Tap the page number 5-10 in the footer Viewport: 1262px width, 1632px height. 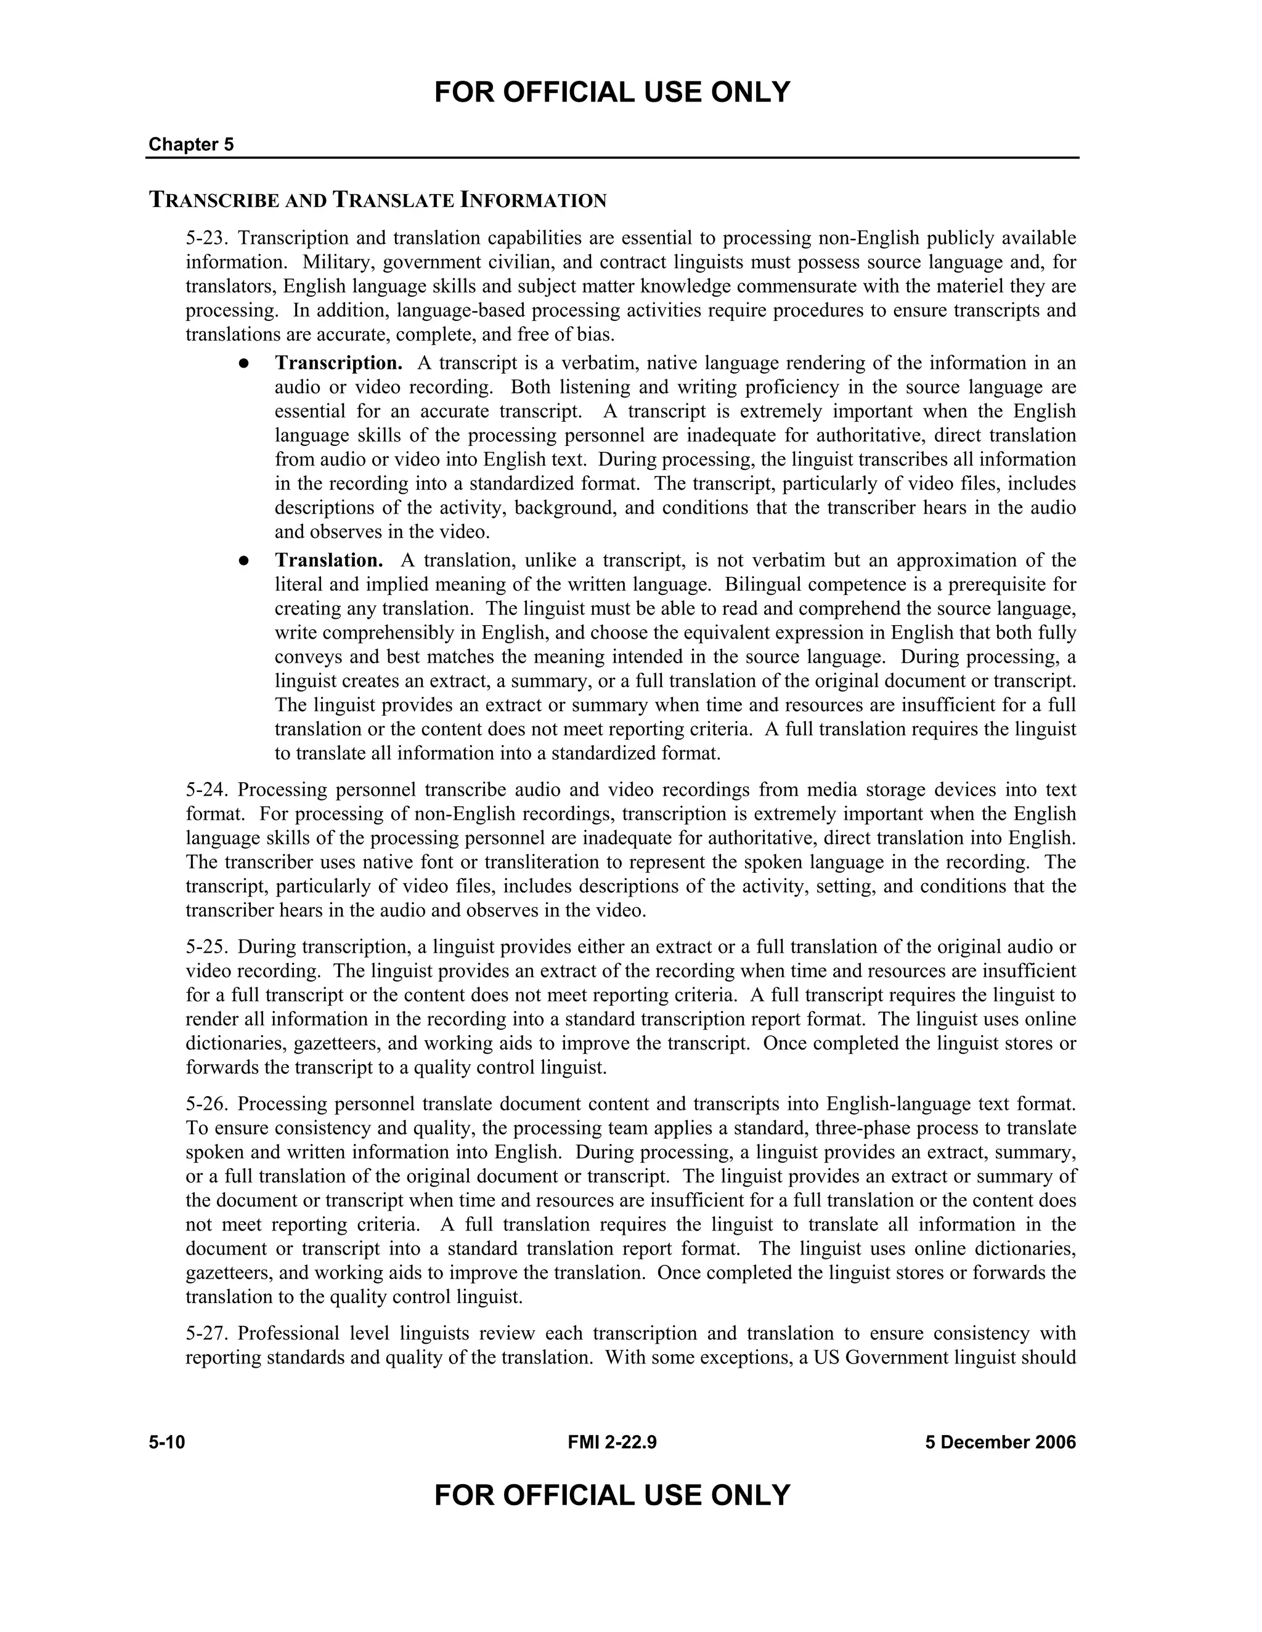167,1442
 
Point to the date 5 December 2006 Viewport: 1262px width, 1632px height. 1000,1442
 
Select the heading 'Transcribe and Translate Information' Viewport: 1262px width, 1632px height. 378,200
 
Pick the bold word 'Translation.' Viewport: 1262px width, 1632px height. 329,560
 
